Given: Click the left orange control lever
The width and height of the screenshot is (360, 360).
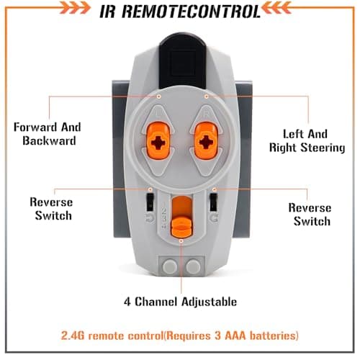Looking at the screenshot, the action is click(158, 140).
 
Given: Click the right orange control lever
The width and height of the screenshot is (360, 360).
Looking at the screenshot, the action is click(206, 140).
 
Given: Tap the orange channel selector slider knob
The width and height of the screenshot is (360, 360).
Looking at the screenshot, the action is click(181, 225).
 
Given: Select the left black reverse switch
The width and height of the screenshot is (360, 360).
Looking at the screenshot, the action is click(150, 202).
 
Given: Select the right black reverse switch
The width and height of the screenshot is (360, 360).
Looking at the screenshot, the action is click(213, 202).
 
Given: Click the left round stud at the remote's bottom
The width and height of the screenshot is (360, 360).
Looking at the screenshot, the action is click(170, 266).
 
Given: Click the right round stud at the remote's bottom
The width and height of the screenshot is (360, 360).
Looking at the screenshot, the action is click(194, 266).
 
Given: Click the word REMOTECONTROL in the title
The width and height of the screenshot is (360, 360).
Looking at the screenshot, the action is click(192, 11).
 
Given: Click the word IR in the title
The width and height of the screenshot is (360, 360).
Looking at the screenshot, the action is click(108, 11).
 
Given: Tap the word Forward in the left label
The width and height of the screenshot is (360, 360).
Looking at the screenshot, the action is click(35, 127).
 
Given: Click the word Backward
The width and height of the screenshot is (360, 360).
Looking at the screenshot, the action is click(49, 140).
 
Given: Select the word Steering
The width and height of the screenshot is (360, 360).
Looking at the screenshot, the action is click(323, 148).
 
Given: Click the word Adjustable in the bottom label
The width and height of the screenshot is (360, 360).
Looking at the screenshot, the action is click(210, 302).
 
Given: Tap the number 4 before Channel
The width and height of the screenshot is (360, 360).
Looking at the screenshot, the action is click(127, 302).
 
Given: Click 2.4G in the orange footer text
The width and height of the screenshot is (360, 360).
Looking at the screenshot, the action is click(73, 336).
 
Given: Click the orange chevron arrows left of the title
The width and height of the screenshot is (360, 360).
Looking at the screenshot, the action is click(75, 8).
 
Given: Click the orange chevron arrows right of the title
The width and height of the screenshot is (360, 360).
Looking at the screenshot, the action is click(276, 8).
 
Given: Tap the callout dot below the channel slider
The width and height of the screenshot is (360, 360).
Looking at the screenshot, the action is click(181, 240).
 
